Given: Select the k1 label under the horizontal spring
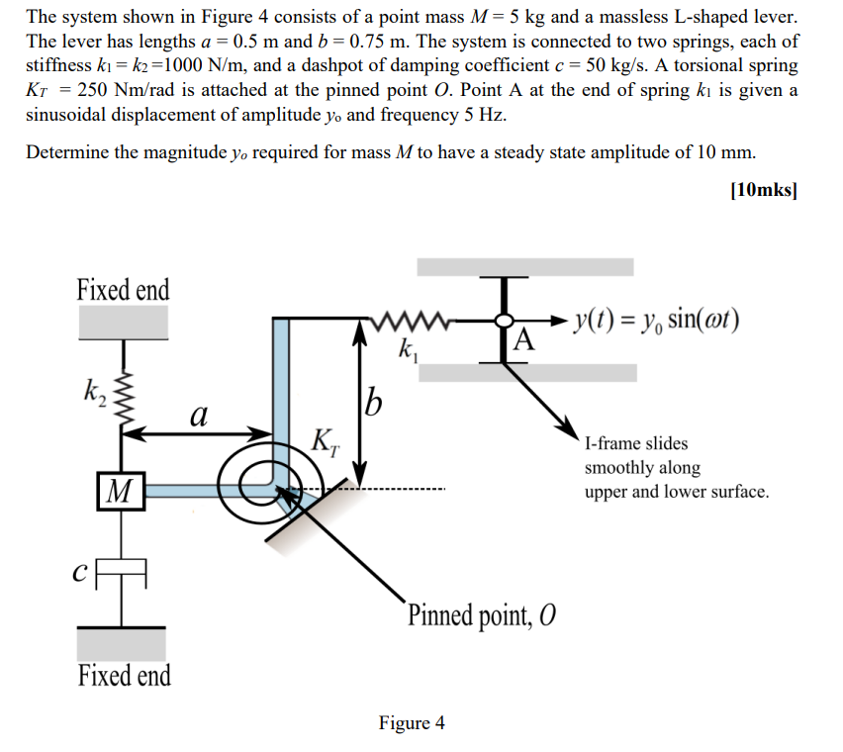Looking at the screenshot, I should [406, 348].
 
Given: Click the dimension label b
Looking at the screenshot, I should [373, 403].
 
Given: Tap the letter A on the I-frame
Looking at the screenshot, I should [524, 342].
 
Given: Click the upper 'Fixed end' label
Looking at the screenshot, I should [123, 290].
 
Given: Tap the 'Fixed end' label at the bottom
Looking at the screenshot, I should [124, 676].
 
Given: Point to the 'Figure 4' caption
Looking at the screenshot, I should [412, 723].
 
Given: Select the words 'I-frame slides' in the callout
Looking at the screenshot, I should [636, 443].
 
